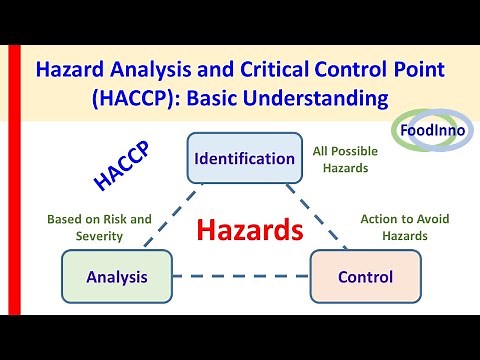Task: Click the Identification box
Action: (244, 158)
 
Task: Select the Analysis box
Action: (116, 276)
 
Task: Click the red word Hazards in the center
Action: (249, 231)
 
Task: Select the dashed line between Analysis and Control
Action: (240, 277)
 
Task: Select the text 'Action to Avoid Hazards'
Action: (394, 227)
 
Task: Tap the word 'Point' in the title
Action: (414, 71)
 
